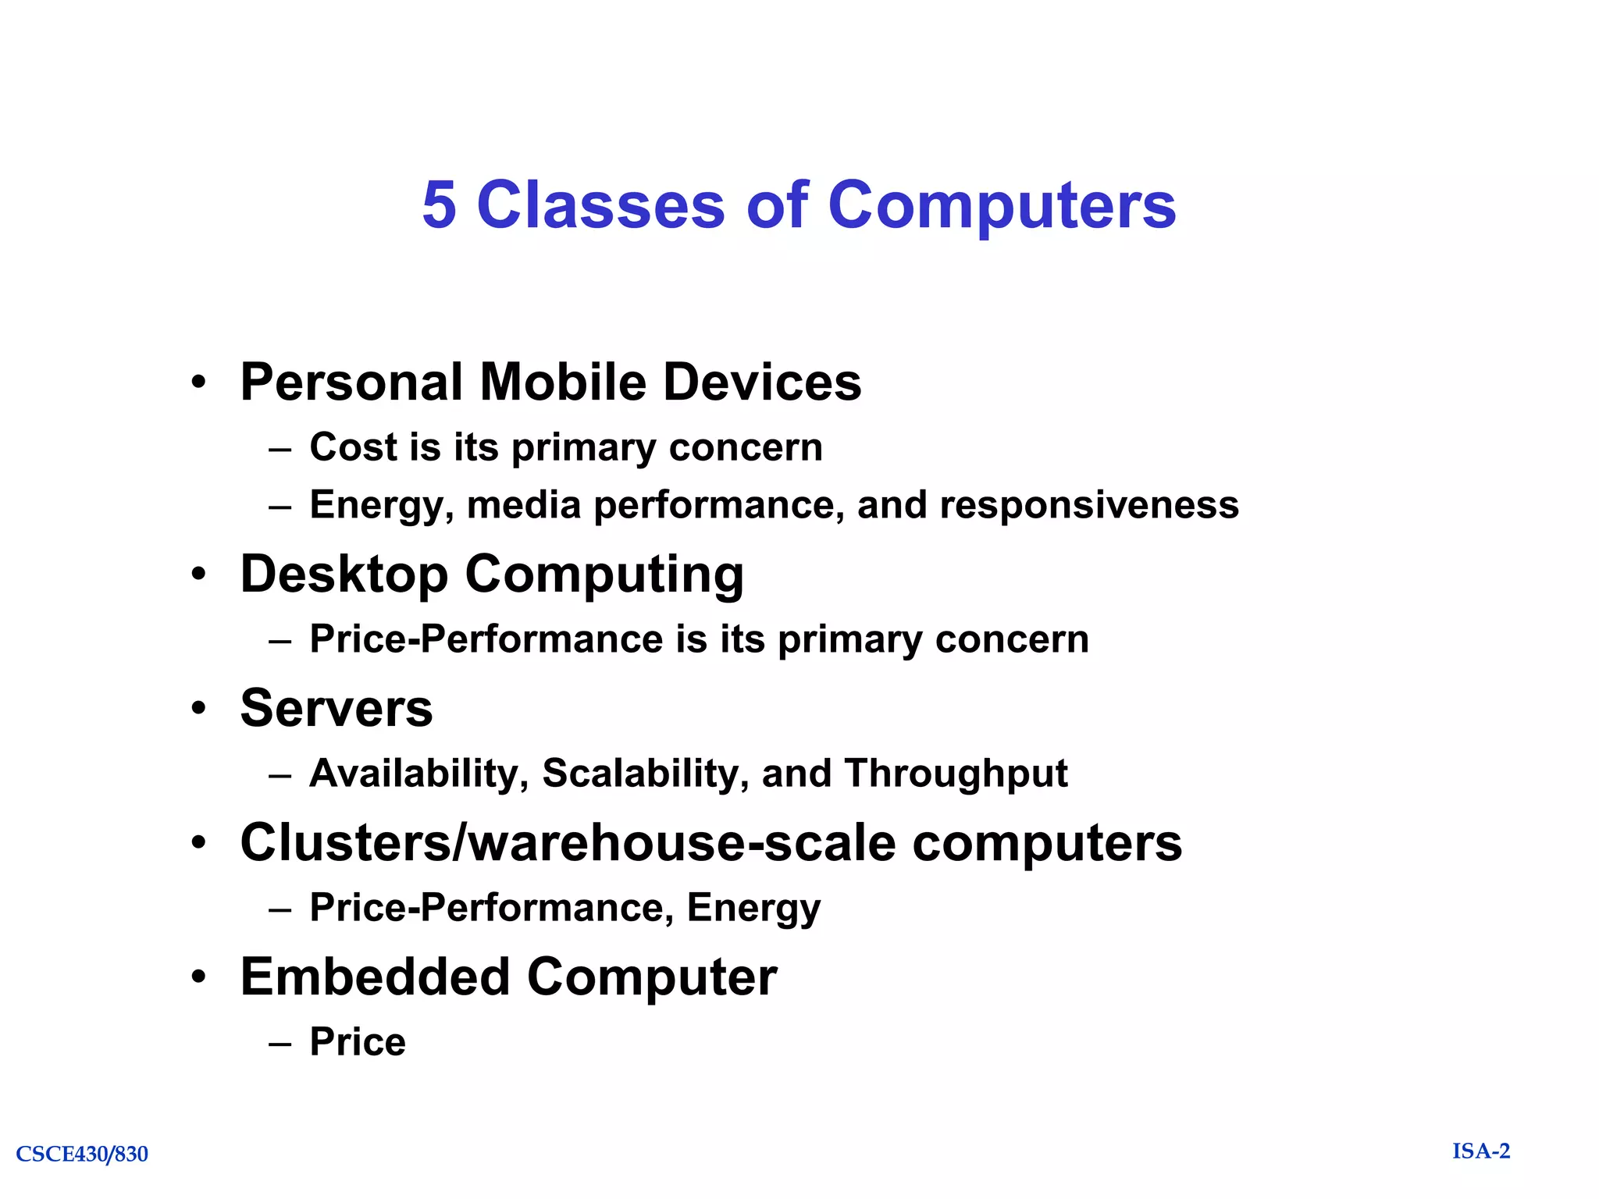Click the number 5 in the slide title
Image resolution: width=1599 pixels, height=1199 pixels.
[439, 205]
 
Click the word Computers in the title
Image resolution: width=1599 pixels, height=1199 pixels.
[1001, 205]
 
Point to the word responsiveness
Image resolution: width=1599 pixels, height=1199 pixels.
[1088, 504]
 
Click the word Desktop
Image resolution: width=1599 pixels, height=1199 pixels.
[344, 575]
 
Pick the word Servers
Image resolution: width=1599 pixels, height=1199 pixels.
[337, 708]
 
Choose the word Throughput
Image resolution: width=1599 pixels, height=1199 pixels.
[956, 774]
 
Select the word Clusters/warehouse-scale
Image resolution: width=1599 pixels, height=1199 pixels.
[568, 843]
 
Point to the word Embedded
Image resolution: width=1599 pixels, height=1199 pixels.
[375, 977]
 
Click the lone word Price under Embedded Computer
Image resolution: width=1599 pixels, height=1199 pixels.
[358, 1041]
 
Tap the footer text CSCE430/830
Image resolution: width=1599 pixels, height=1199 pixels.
[82, 1154]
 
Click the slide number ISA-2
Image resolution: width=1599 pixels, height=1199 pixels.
[1481, 1151]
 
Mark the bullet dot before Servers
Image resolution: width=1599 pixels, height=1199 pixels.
[200, 709]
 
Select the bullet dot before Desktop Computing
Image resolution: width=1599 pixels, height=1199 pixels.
[200, 575]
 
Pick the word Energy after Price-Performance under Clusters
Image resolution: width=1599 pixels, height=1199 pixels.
[753, 908]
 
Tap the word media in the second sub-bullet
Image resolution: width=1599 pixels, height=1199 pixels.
[523, 504]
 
